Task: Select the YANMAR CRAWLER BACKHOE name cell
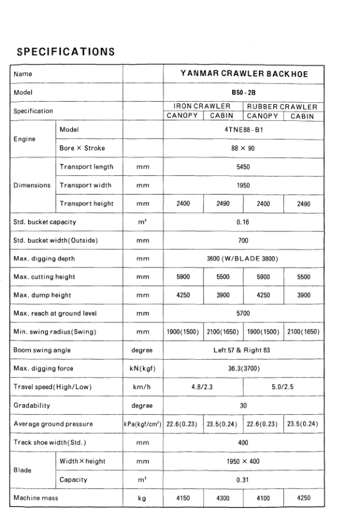[243, 74]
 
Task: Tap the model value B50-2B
[243, 92]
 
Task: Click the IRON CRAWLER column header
[203, 107]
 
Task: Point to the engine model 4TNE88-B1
[243, 129]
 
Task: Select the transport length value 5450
[243, 167]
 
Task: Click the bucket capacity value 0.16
[243, 221]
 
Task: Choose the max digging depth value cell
[243, 257]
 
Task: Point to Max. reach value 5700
[243, 312]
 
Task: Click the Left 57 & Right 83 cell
[243, 350]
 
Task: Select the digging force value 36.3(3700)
[243, 368]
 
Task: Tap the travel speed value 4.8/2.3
[203, 386]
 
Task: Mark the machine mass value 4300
[223, 499]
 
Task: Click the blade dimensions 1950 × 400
[243, 462]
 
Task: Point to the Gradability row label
[32, 405]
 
